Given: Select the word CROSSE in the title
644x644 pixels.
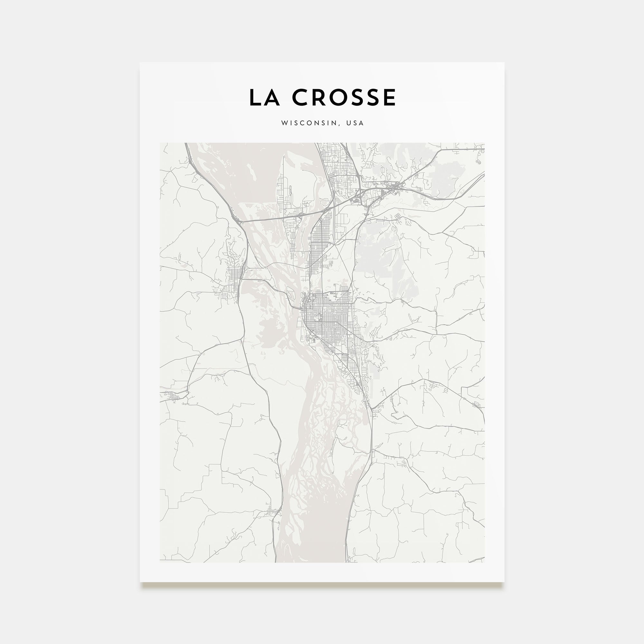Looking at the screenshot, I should pyautogui.click(x=344, y=98).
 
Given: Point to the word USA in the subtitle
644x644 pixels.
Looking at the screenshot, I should pyautogui.click(x=355, y=123).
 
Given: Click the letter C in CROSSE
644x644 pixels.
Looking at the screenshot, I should pyautogui.click(x=301, y=98).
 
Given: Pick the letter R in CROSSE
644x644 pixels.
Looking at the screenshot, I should pyautogui.click(x=321, y=98).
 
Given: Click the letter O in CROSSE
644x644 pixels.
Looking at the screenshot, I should pyautogui.click(x=340, y=98).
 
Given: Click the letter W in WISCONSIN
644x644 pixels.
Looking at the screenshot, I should pyautogui.click(x=284, y=123).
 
